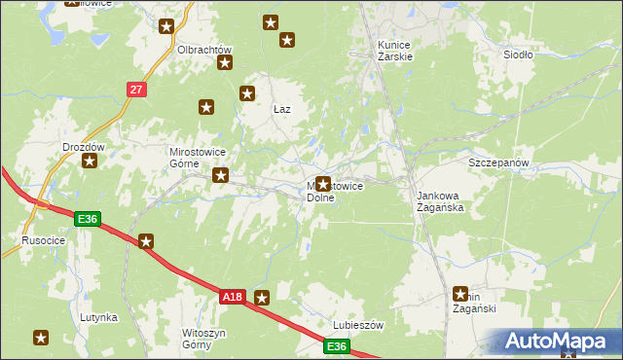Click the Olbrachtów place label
pyautogui.click(x=203, y=50)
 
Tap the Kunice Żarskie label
pyautogui.click(x=395, y=51)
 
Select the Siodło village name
pyautogui.click(x=518, y=54)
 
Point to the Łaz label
pyautogui.click(x=282, y=109)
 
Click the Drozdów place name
pyautogui.click(x=83, y=147)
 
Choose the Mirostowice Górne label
pyautogui.click(x=198, y=158)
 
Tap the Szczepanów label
pyautogui.click(x=497, y=162)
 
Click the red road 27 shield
pyautogui.click(x=135, y=90)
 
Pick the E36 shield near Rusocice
pyautogui.click(x=87, y=219)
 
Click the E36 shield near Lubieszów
pyautogui.click(x=336, y=346)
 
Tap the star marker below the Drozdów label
pyautogui.click(x=91, y=162)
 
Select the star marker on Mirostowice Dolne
pyautogui.click(x=322, y=183)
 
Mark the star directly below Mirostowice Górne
pyautogui.click(x=221, y=176)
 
